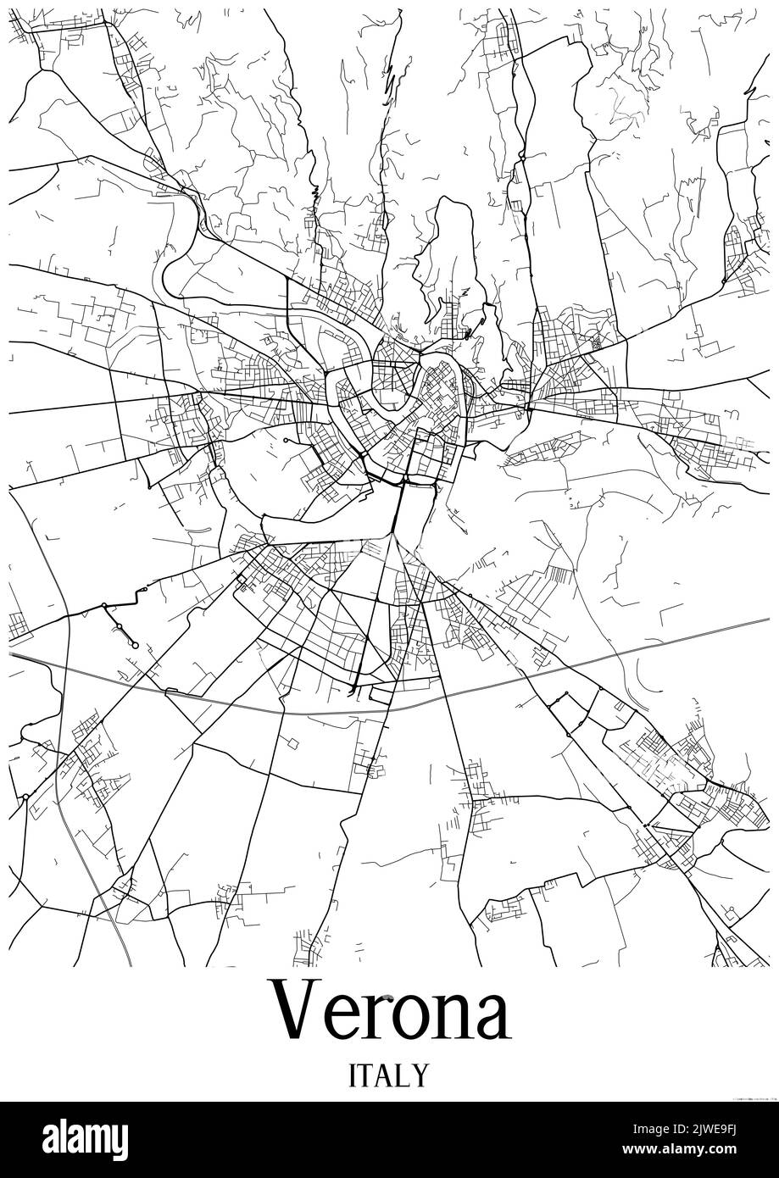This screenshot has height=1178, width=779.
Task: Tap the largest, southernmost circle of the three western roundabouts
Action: pyautogui.click(x=134, y=646)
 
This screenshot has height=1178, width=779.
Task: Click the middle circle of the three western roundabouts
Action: pyautogui.click(x=120, y=625)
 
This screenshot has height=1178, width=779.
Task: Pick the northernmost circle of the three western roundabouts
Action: pyautogui.click(x=104, y=605)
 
